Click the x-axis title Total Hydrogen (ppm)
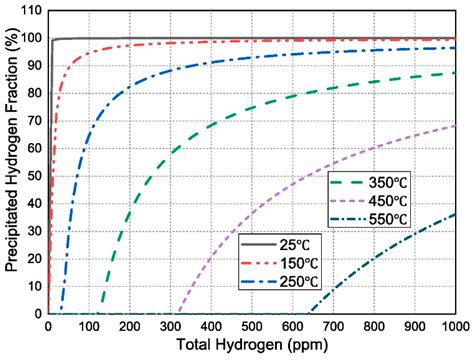(251, 346)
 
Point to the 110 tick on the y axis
(29, 12)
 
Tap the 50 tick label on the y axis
(33, 176)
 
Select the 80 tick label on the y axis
(33, 94)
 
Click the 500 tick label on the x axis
(251, 326)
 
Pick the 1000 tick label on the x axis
(453, 326)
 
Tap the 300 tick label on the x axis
(170, 326)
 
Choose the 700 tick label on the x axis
(333, 326)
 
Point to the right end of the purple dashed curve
(455, 126)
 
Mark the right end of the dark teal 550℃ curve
(455, 214)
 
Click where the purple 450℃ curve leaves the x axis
(175, 312)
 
